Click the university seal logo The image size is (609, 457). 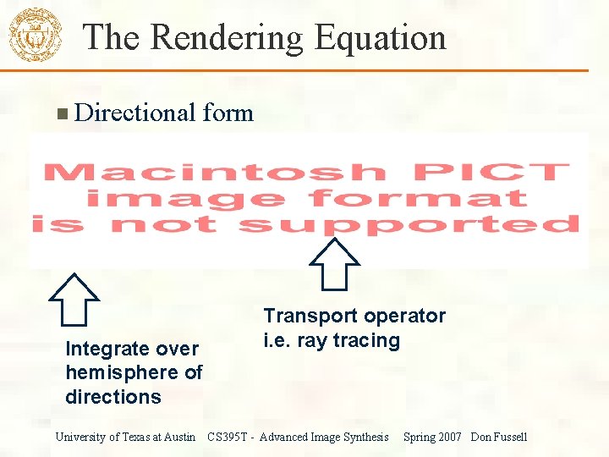click(35, 34)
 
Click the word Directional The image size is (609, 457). click(135, 113)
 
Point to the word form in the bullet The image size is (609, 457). click(228, 113)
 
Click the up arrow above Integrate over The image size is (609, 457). click(74, 299)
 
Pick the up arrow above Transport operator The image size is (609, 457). click(336, 263)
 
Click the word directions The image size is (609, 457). click(112, 397)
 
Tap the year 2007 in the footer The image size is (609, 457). click(449, 437)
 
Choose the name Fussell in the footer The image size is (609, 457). click(509, 437)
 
